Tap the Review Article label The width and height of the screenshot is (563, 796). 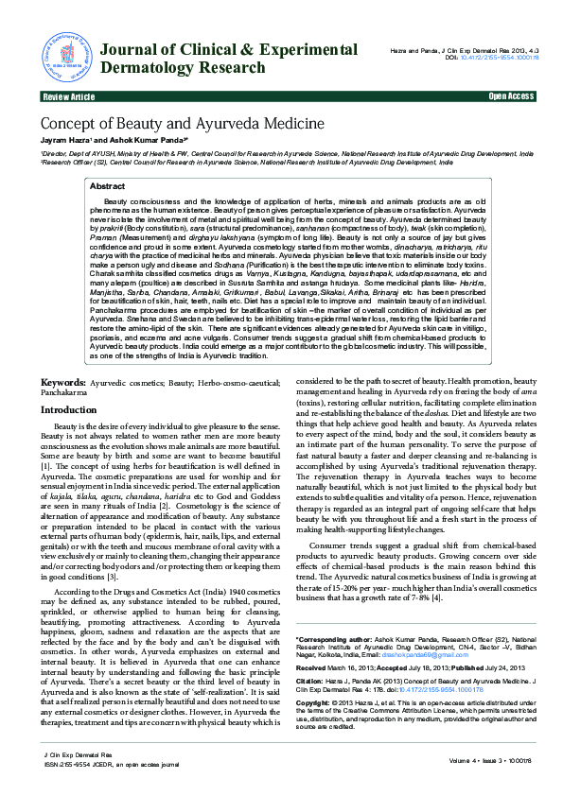68,96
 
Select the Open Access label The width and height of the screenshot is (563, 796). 510,96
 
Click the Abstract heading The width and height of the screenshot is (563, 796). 107,187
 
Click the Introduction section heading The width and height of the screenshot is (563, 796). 68,409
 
